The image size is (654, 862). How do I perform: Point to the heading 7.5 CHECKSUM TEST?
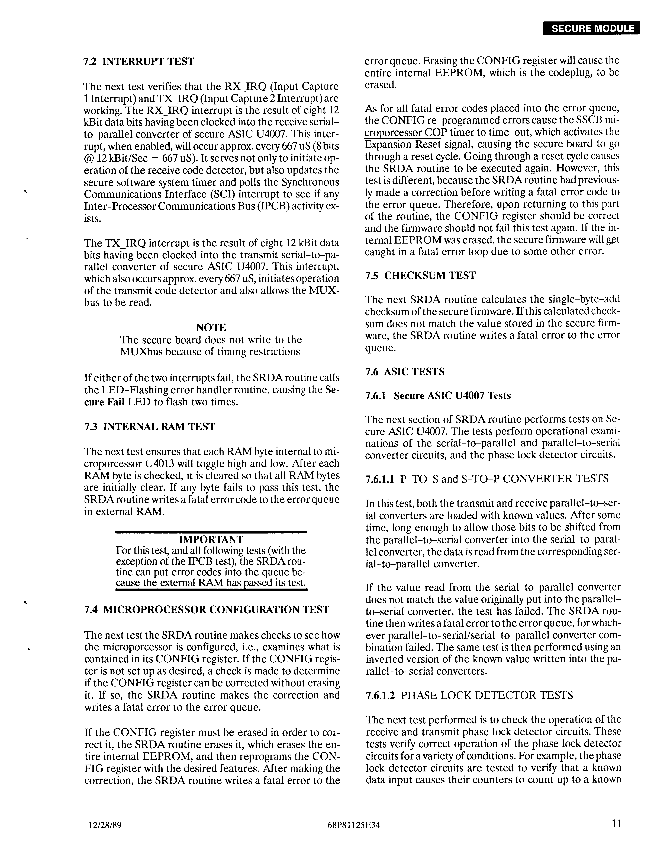click(x=420, y=276)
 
